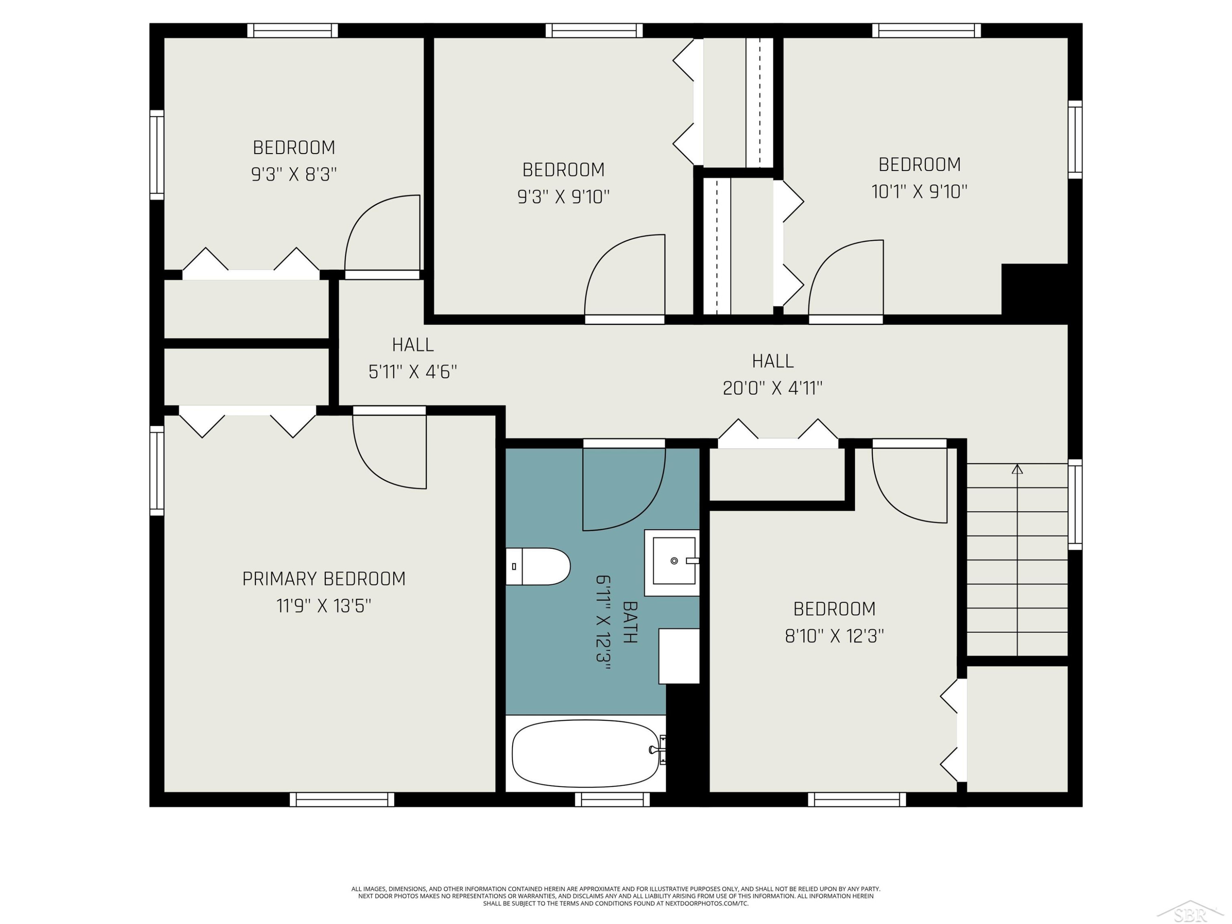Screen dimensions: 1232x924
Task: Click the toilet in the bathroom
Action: [x=538, y=566]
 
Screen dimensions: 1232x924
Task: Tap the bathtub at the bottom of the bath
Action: [x=586, y=753]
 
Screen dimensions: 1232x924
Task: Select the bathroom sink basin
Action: [x=674, y=561]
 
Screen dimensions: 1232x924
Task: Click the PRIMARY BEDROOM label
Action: [x=324, y=579]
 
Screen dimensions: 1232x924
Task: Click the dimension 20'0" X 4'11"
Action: [x=772, y=388]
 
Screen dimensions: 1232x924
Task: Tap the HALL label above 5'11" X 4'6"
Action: [x=413, y=345]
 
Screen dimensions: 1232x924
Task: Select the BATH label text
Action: [x=630, y=622]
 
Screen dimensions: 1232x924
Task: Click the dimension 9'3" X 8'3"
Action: [x=294, y=175]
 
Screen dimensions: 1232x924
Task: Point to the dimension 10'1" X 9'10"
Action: [x=919, y=192]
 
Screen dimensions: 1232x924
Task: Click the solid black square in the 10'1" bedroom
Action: [x=1034, y=290]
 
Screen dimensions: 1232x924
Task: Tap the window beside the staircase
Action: [x=1075, y=505]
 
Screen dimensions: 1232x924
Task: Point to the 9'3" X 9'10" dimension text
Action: [x=564, y=197]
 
